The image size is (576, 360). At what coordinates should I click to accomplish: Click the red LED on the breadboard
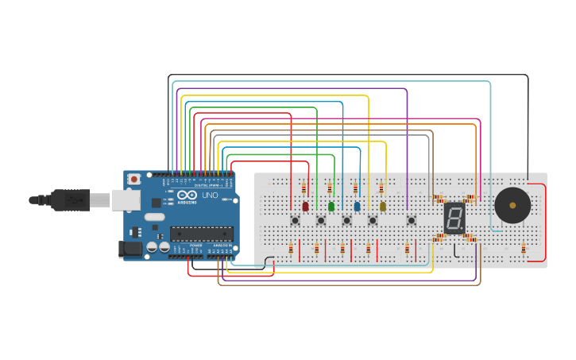305,207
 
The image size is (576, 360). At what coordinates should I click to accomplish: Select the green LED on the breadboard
331,207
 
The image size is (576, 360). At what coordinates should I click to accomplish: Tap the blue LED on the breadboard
357,207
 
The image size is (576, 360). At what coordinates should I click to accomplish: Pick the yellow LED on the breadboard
382,207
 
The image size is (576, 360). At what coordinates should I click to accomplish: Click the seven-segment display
454,218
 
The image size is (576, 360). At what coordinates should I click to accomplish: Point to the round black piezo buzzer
512,206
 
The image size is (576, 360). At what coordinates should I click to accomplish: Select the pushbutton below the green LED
321,220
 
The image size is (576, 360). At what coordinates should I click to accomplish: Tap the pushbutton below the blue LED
346,220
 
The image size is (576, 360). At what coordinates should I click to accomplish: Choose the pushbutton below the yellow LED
373,220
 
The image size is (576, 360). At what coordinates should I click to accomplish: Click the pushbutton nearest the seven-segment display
411,220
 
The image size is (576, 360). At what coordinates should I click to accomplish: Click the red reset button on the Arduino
133,180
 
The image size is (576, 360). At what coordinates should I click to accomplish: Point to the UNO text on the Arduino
210,195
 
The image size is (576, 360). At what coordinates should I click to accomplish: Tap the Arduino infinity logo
187,195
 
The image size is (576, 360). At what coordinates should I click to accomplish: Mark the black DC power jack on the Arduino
130,249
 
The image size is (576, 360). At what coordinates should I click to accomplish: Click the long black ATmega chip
201,234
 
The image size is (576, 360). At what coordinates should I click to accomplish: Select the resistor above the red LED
303,188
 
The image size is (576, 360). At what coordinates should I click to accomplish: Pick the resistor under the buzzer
524,250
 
